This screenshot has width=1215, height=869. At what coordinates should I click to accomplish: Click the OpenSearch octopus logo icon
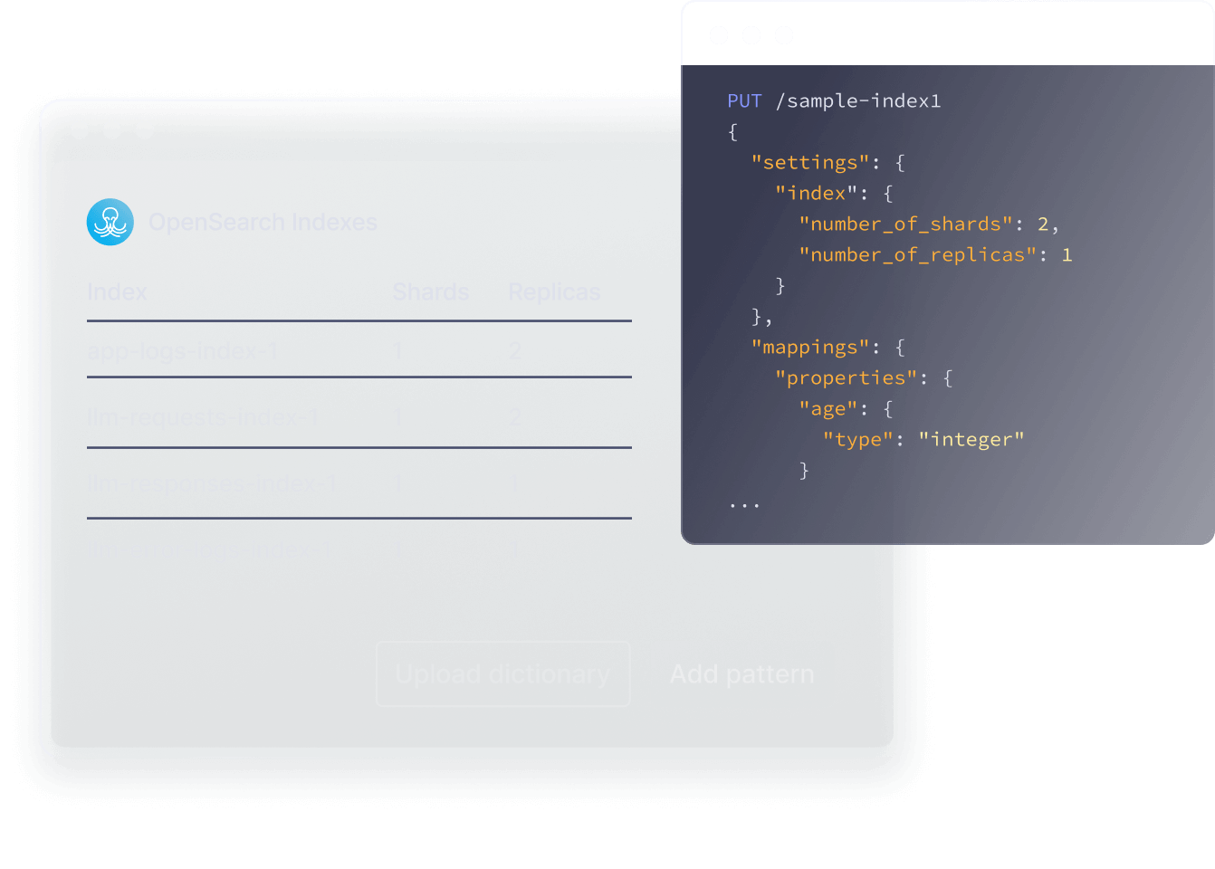tap(110, 222)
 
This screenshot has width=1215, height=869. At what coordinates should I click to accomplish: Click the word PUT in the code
tap(744, 101)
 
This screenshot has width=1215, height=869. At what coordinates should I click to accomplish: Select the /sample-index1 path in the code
tap(858, 101)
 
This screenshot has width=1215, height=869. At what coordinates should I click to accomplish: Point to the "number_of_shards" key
tap(905, 224)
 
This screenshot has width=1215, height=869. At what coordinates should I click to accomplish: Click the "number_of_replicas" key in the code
tap(917, 255)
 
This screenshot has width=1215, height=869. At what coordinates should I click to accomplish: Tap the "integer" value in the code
tap(971, 440)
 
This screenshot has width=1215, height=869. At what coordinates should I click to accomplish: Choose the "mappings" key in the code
tap(810, 348)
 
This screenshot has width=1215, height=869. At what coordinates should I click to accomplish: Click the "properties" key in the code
tap(846, 378)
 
